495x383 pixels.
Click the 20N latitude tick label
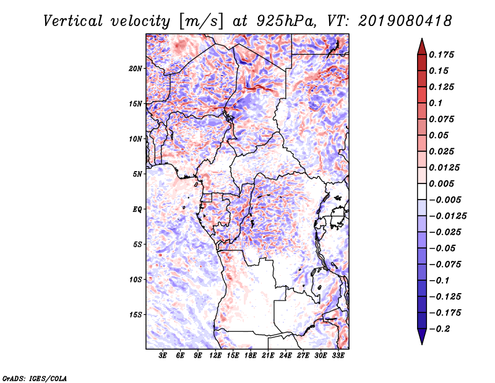pyautogui.click(x=136, y=69)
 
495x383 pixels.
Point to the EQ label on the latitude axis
pyautogui.click(x=137, y=209)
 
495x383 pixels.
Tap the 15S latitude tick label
pyautogui.click(x=136, y=315)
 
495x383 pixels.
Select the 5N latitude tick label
pyautogui.click(x=137, y=174)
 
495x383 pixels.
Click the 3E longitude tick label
pyautogui.click(x=163, y=356)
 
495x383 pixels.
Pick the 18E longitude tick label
pyautogui.click(x=251, y=356)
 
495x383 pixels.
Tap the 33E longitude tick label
pyautogui.click(x=338, y=356)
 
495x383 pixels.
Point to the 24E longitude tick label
pyautogui.click(x=285, y=356)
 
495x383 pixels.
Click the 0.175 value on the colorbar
pyautogui.click(x=441, y=55)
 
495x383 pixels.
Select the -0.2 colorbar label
pyautogui.click(x=440, y=329)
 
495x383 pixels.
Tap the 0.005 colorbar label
pyautogui.click(x=441, y=183)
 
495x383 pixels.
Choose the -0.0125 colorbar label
pyautogui.click(x=447, y=216)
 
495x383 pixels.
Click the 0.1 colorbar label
pyautogui.click(x=436, y=103)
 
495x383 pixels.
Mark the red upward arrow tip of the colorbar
pyautogui.click(x=422, y=39)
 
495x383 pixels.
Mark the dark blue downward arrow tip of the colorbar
pyautogui.click(x=422, y=344)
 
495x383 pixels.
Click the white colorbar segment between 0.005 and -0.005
pyautogui.click(x=422, y=191)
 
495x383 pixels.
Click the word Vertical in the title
pyautogui.click(x=73, y=21)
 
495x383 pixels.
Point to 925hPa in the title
pyautogui.click(x=286, y=21)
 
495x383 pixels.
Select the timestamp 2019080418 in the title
pyautogui.click(x=405, y=21)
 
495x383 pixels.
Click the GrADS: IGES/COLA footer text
pyautogui.click(x=35, y=378)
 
